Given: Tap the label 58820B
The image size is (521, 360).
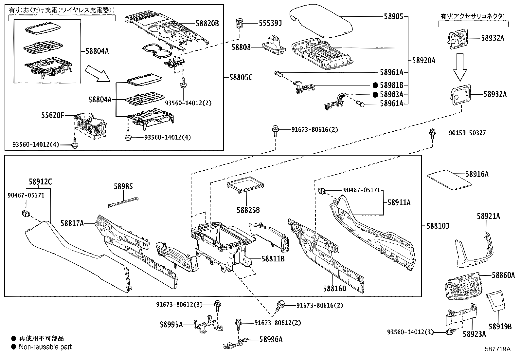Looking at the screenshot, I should [207, 23].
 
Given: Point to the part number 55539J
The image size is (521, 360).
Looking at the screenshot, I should [270, 23].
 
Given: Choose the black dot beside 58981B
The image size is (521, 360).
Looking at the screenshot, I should [375, 85].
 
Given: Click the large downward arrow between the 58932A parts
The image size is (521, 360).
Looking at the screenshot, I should [460, 67].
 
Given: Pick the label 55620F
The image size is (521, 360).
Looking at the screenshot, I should [53, 115].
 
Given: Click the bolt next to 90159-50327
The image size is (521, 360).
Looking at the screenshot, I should [433, 133].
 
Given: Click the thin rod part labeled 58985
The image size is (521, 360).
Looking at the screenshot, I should [123, 203].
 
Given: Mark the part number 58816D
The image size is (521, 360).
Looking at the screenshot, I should [334, 288].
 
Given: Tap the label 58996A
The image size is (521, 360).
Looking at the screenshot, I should [271, 339].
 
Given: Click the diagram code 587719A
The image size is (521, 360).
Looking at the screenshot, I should [497, 349].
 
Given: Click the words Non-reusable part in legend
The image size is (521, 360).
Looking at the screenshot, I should [45, 347].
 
